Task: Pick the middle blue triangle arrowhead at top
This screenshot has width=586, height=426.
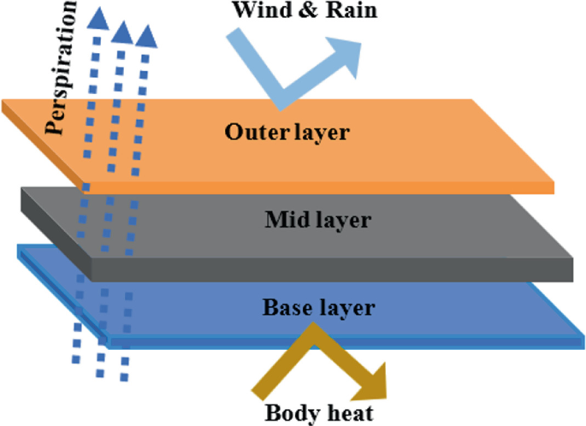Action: coord(122,33)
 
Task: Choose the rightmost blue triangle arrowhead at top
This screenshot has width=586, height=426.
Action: coord(147,36)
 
